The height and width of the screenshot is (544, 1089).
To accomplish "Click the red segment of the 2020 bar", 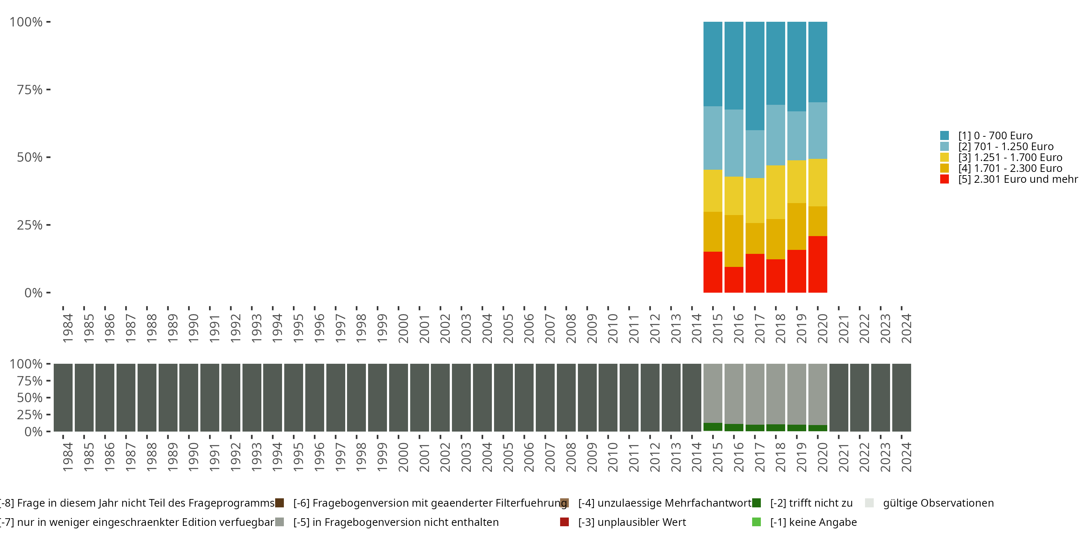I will point(817,264).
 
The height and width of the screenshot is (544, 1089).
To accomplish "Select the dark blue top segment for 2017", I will point(755,76).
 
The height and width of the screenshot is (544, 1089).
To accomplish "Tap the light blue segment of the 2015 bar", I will point(713,138).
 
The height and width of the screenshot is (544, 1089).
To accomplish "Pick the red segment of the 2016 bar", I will point(734,280).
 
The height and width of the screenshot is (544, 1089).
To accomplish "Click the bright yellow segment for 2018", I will point(775,192).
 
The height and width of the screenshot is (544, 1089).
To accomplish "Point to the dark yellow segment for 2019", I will point(796,226).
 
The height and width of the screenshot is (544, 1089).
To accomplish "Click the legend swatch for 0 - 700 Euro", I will point(945,136).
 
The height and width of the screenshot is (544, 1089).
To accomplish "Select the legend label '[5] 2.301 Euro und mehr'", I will point(1017,179).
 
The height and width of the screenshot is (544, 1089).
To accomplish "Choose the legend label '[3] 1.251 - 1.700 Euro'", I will point(1010,157).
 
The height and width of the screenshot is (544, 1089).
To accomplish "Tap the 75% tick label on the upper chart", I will point(30,90).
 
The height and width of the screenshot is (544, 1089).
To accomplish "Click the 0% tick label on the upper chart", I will point(33,293).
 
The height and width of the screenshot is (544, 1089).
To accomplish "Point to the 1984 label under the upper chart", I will point(68,328).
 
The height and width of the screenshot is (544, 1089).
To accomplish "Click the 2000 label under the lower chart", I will point(403,457).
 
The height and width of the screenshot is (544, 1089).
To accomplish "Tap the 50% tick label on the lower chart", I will point(30,397).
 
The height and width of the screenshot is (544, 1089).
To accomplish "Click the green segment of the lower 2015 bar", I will point(713,427).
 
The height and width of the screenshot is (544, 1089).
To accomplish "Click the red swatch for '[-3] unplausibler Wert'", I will point(564,522).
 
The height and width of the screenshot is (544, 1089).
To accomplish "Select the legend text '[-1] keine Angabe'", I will point(813,522).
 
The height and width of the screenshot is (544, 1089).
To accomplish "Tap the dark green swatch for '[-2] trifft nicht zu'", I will point(757,503).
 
